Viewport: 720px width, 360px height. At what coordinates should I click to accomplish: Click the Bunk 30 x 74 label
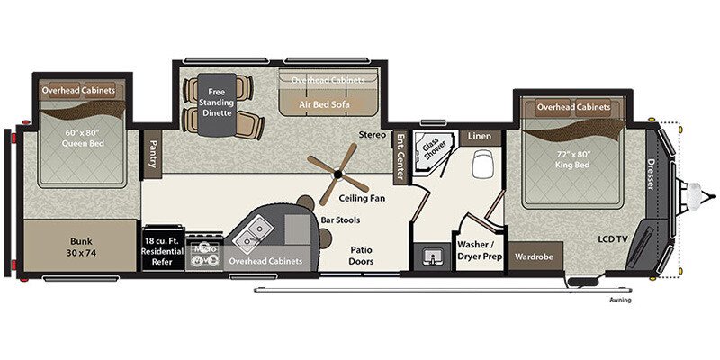pyautogui.click(x=81, y=247)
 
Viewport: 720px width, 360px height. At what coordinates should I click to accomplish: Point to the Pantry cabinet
pyautogui.click(x=153, y=153)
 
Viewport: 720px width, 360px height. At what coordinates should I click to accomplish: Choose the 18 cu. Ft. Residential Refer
pyautogui.click(x=163, y=247)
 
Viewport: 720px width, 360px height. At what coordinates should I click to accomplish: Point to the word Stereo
pyautogui.click(x=373, y=135)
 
